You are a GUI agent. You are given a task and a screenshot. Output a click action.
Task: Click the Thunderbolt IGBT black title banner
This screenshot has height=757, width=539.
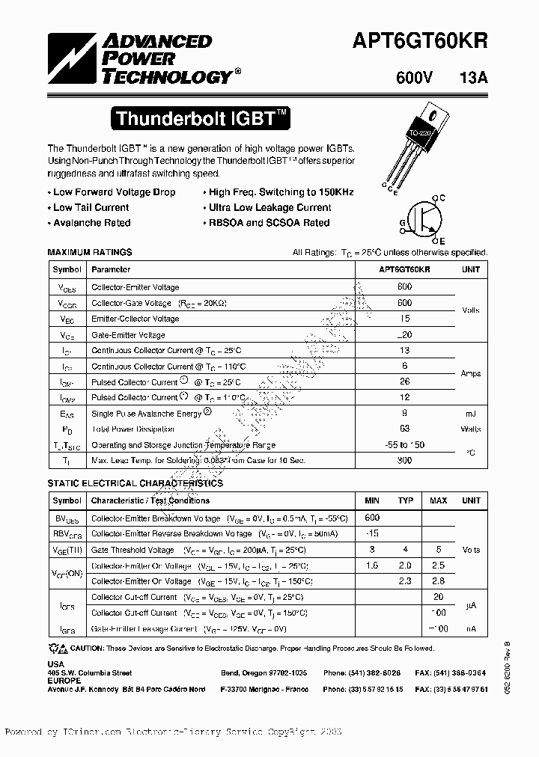(200, 118)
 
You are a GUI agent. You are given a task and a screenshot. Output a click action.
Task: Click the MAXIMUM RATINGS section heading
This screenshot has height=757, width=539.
(90, 253)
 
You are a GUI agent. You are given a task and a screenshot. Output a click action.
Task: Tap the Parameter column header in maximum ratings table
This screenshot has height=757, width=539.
(111, 269)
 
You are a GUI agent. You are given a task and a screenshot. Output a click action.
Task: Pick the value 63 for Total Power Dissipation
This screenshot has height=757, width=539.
(405, 429)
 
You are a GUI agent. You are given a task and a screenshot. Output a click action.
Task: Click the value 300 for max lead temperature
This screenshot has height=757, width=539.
(405, 462)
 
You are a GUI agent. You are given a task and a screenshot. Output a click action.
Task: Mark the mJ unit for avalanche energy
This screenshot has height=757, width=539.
(471, 414)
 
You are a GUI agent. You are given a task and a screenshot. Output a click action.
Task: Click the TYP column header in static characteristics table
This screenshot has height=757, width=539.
(406, 500)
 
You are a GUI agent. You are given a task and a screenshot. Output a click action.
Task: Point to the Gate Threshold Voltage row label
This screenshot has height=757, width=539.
(132, 550)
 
